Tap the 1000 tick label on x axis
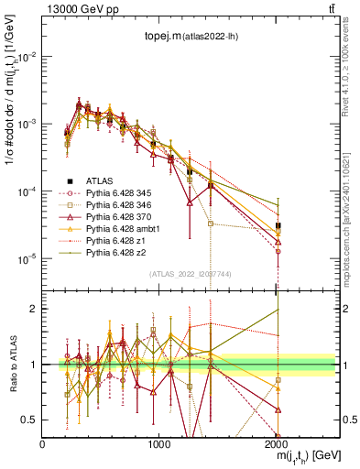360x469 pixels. tap(159, 443)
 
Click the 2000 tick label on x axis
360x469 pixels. tap(277, 443)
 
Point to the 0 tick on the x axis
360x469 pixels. tap(43, 443)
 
